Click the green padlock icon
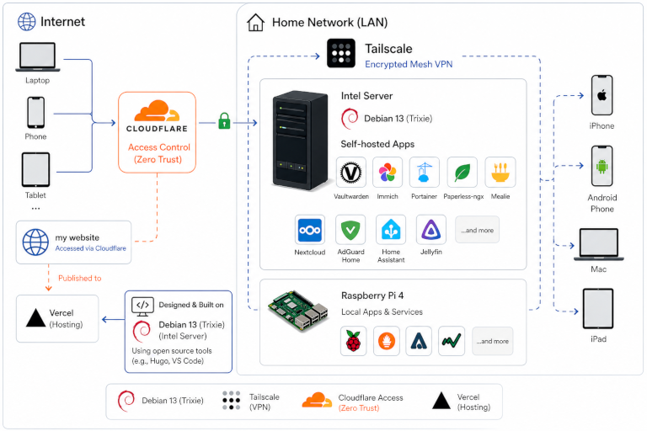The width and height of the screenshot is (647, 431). tap(224, 121)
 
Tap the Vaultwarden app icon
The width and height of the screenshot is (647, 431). tap(350, 173)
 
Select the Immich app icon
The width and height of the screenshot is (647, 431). tap(388, 173)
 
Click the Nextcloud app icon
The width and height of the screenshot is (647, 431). tap(310, 230)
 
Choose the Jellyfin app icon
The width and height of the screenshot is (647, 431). tap(430, 230)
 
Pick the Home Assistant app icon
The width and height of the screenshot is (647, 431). tap(391, 230)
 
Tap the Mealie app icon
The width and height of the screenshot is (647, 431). tap(500, 173)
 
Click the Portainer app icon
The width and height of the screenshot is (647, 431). tap(425, 173)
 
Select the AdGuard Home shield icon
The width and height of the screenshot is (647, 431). tap(350, 230)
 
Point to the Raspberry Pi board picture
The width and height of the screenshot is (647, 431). tap(298, 311)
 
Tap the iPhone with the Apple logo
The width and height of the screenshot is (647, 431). tap(602, 95)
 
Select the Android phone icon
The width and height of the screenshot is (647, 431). tap(602, 166)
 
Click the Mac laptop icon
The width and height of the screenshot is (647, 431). tap(599, 245)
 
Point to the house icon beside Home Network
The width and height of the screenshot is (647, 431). tap(255, 22)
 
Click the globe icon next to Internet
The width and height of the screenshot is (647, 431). tap(26, 21)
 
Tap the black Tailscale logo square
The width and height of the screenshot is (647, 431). tap(341, 53)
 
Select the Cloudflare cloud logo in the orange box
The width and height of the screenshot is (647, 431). tap(157, 110)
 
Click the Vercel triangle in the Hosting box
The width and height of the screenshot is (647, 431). tap(36, 318)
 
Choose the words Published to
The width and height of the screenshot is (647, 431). tap(80, 279)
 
